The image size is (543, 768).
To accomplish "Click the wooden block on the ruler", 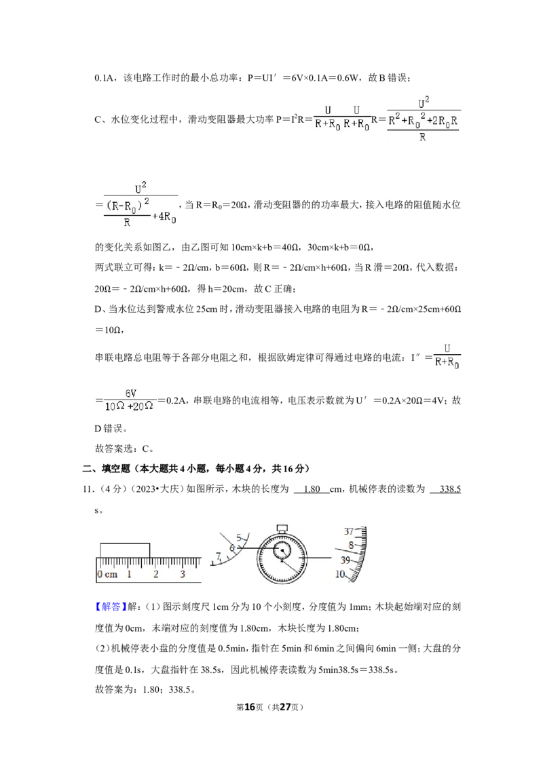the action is click(x=125, y=550).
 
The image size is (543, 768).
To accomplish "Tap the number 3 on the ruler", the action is click(x=183, y=574).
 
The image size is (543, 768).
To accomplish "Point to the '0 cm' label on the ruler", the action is click(x=107, y=575).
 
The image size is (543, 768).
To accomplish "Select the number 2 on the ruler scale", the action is click(x=156, y=574).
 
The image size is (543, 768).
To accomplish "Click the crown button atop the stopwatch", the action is click(x=282, y=528).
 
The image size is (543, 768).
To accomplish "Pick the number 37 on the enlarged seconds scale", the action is click(x=349, y=531).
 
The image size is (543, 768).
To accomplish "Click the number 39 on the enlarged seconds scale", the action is click(x=345, y=560).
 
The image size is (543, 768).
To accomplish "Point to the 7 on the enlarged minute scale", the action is click(x=219, y=556).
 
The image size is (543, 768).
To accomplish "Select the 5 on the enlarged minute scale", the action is click(x=239, y=537).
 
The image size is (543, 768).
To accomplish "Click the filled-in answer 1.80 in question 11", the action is click(x=312, y=488).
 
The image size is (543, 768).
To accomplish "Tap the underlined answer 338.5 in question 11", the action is click(x=451, y=488).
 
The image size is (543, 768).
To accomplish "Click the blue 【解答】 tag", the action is click(x=111, y=607).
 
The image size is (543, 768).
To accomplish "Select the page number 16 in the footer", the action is click(x=250, y=707).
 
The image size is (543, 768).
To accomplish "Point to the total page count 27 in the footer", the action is click(x=285, y=707).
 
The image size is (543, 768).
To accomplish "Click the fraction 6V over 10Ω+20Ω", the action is click(x=130, y=400).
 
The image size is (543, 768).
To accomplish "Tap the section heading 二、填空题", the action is click(x=106, y=469).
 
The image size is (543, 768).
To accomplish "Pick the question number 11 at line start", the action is click(x=88, y=488).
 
